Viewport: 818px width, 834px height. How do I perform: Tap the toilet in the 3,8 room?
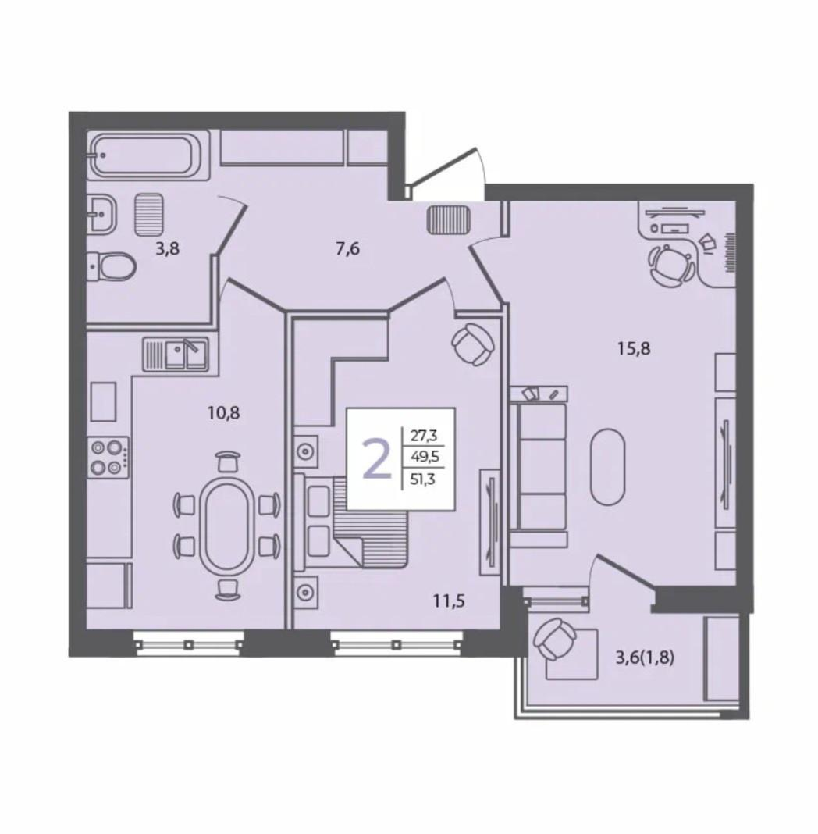(x=111, y=266)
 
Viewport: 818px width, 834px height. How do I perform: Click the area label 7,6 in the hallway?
(x=348, y=248)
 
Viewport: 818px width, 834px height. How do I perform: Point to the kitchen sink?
(x=176, y=355)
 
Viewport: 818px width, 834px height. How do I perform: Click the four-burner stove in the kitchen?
(x=108, y=458)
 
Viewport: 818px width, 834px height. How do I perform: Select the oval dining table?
(x=227, y=525)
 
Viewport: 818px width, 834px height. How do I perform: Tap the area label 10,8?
(x=224, y=412)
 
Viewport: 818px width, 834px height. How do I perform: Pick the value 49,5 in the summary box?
(x=424, y=458)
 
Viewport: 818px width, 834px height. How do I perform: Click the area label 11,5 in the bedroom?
(x=450, y=601)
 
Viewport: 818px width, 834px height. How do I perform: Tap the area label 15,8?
(x=634, y=349)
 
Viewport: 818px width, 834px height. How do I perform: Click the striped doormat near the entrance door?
(x=449, y=219)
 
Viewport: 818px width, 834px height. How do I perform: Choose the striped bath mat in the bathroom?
(x=148, y=214)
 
